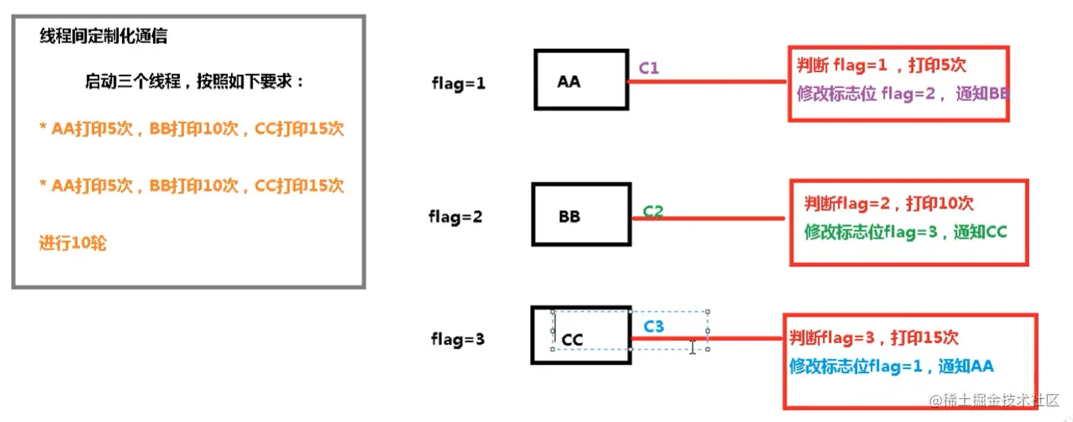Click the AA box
[x=580, y=80]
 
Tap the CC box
[x=581, y=335]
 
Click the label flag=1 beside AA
[x=458, y=83]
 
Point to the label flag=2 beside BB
[x=455, y=218]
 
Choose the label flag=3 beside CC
[x=458, y=339]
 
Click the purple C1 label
[x=649, y=68]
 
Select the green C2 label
[x=653, y=211]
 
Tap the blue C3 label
[x=654, y=327]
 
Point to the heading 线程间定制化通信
[x=104, y=37]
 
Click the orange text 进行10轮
[x=73, y=243]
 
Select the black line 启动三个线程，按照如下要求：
[x=195, y=81]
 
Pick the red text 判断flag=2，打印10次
[x=889, y=204]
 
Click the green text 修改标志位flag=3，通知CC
[x=905, y=231]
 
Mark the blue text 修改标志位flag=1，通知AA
[x=891, y=366]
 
